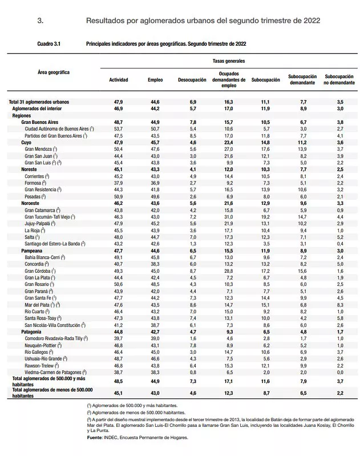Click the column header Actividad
click(118, 80)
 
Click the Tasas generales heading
click(228, 60)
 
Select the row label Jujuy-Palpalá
click(41, 223)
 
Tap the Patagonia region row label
click(33, 331)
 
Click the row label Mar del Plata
click(42, 304)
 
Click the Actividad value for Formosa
click(118, 183)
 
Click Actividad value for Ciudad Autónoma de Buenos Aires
click(118, 129)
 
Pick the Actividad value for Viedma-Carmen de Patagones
click(118, 371)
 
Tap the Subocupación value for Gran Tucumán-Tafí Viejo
click(265, 217)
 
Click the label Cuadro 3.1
click(49, 43)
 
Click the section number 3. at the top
click(41, 20)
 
